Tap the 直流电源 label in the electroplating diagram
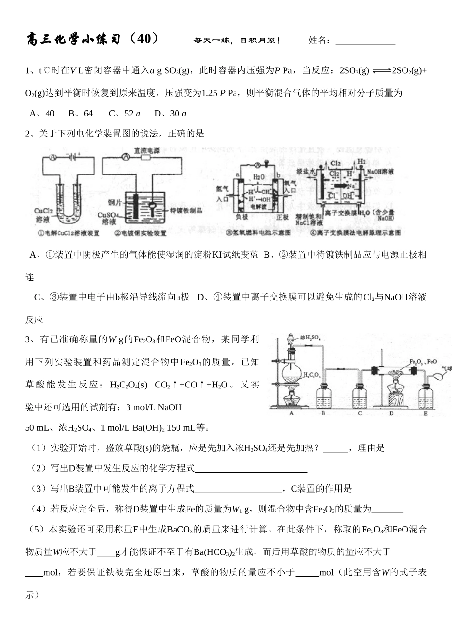pos(147,150)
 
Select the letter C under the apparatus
pos(360,413)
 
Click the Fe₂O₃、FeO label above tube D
pos(423,362)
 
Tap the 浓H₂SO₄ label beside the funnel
pos(310,338)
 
